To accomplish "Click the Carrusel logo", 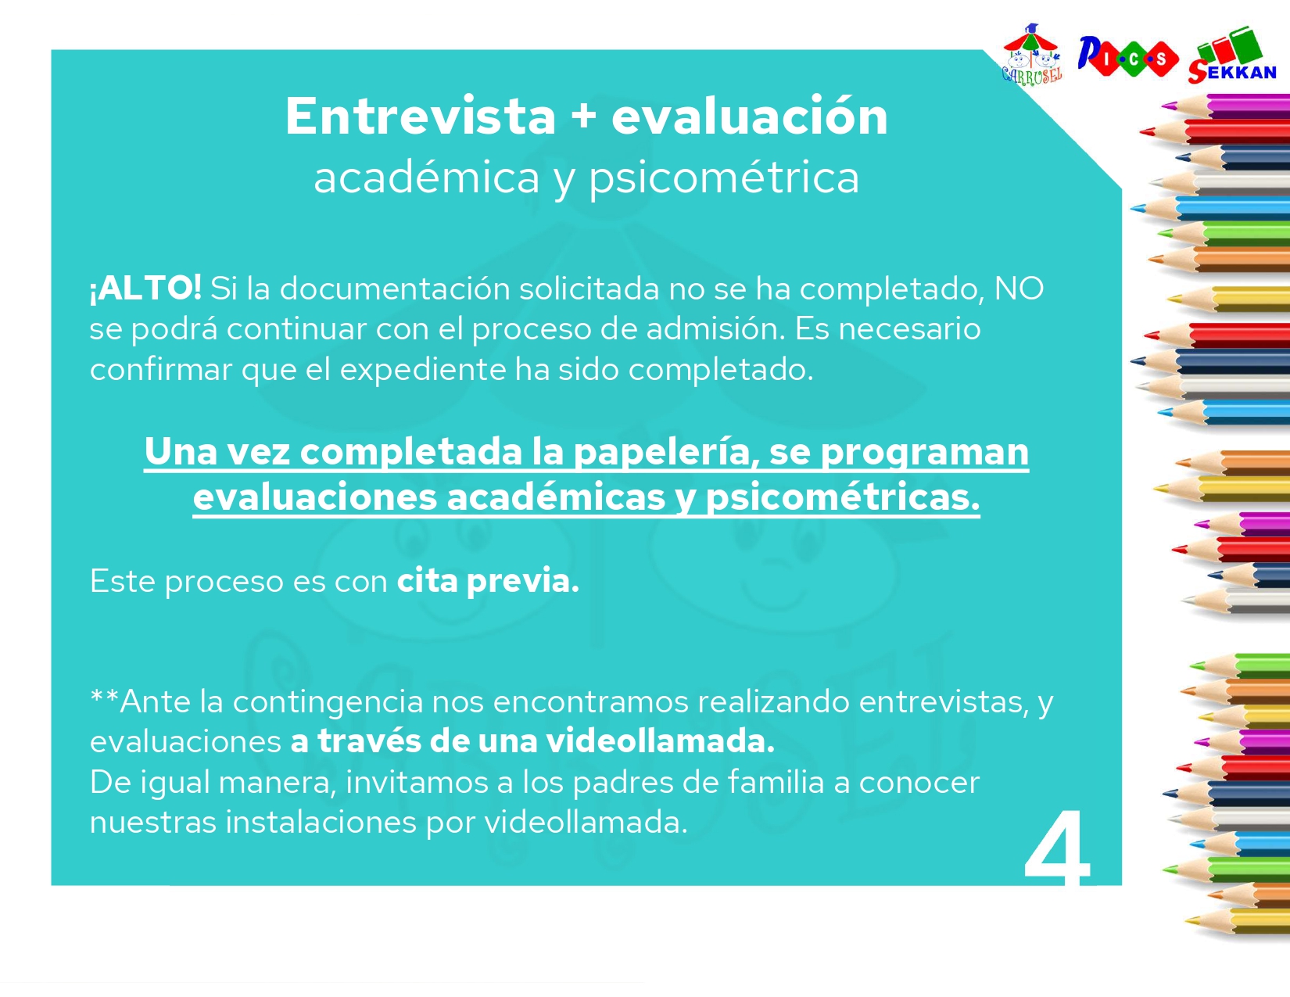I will tap(1032, 55).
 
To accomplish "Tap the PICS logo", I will tap(1127, 57).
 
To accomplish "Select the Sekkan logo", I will tap(1232, 56).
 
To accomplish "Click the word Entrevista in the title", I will tap(420, 117).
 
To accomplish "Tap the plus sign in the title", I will tap(583, 117).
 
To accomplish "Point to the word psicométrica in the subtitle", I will tap(723, 178).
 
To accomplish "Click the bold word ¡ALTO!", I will tap(145, 289).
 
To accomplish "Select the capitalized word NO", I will tap(1019, 289).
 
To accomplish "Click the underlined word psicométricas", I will tap(842, 497).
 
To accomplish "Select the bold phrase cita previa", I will tap(488, 581).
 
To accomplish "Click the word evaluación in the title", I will tap(749, 117).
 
